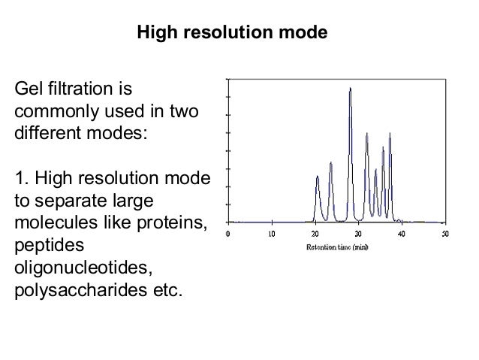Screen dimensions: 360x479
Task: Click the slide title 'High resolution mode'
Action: click(231, 34)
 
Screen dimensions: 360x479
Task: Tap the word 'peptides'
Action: click(49, 246)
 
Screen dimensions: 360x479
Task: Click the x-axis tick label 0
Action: click(228, 234)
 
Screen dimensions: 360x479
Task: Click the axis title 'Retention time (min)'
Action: click(336, 247)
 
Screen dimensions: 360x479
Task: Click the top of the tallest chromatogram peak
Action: click(350, 89)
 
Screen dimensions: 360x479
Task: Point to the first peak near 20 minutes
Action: click(318, 177)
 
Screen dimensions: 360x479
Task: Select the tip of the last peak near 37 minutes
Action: click(390, 134)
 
